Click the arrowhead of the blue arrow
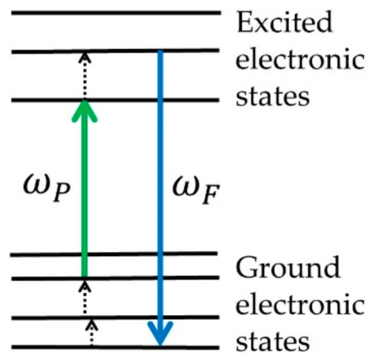[x=160, y=334]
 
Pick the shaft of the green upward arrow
[x=84, y=197]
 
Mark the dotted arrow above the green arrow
[x=84, y=75]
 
